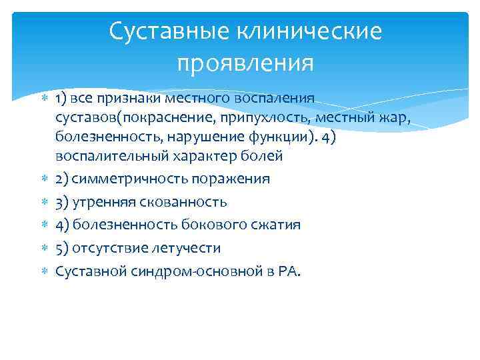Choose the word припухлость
point(253,118)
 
